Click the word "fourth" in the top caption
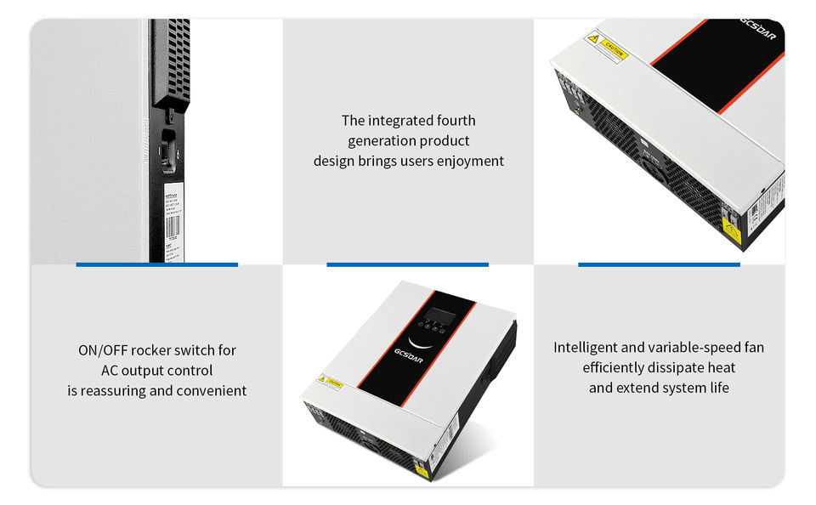pos(456,121)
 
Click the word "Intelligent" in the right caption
pos(587,348)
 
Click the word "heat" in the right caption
pos(721,367)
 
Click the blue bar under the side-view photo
pos(156,264)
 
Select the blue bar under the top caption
pos(407,264)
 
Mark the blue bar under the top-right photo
pos(659,264)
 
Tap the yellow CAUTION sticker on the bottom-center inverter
pos(330,381)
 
